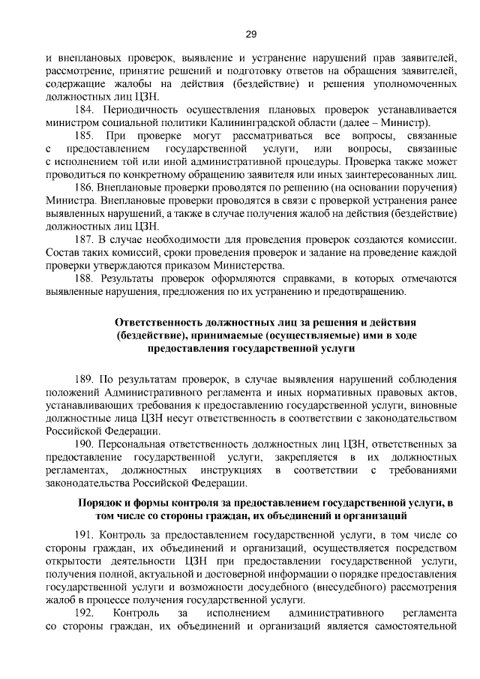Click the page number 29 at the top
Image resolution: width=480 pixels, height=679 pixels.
click(250, 34)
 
